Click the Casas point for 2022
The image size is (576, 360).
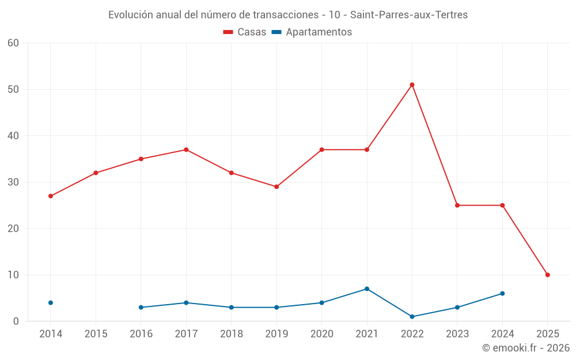tap(412, 85)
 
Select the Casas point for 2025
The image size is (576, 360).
tap(547, 275)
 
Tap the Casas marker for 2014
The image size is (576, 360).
tap(51, 196)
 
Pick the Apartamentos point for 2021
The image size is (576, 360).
tap(367, 289)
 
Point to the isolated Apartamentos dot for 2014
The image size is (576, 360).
tap(51, 302)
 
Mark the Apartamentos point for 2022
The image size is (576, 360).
tap(412, 317)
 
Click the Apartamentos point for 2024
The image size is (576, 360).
tap(502, 293)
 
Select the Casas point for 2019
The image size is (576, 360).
tap(276, 187)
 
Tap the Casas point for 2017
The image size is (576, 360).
tap(186, 150)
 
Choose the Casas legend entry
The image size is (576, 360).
tap(245, 32)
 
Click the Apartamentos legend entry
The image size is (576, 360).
tap(312, 32)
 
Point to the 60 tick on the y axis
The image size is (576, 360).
tap(14, 43)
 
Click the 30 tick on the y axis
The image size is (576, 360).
tap(14, 182)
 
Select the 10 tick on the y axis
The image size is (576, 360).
tap(14, 275)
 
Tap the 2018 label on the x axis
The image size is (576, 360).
tap(232, 334)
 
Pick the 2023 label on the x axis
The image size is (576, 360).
tap(457, 334)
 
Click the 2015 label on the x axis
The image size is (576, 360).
tap(96, 334)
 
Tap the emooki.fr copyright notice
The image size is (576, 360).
tap(526, 348)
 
